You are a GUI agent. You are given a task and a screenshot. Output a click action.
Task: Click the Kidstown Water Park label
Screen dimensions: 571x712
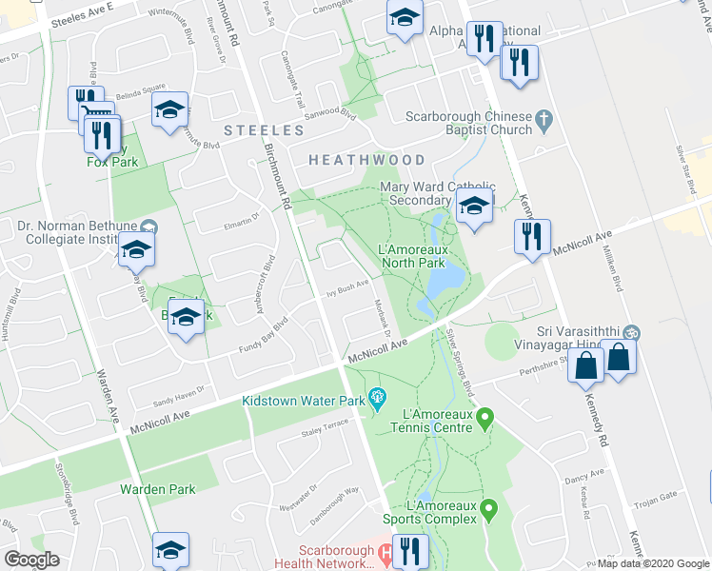click(x=304, y=401)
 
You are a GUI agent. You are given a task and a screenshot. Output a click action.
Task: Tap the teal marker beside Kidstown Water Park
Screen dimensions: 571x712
click(x=377, y=396)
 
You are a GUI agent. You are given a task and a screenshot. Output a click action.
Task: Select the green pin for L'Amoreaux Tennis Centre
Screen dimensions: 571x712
click(x=485, y=416)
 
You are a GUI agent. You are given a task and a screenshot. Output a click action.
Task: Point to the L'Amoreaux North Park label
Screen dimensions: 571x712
click(x=411, y=256)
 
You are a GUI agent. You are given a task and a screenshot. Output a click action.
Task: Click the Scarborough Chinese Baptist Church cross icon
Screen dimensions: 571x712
click(x=544, y=118)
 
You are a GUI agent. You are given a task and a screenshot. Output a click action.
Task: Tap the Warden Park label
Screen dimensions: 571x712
click(x=157, y=489)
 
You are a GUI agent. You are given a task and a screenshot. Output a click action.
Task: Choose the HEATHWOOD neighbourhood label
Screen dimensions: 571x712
click(x=366, y=160)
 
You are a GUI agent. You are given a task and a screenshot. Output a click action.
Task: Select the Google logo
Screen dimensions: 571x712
click(x=31, y=560)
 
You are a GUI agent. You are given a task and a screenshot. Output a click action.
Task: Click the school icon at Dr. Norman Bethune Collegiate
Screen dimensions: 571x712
click(x=136, y=249)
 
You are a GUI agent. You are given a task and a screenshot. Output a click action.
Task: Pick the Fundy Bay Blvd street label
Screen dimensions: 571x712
click(x=268, y=335)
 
